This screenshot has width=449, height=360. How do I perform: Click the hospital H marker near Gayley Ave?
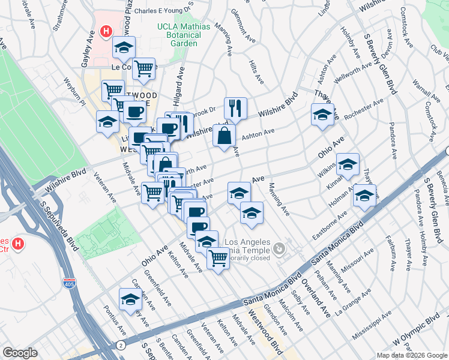click(x=106, y=31)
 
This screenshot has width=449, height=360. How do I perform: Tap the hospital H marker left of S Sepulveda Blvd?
click(x=18, y=244)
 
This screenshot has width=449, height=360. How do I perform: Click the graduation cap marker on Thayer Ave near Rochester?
click(x=322, y=115)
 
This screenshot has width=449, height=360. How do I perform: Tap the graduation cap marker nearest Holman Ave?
click(x=364, y=195)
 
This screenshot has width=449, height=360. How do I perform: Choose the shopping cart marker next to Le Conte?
click(x=143, y=69)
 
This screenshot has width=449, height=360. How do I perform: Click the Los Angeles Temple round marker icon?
click(x=279, y=248)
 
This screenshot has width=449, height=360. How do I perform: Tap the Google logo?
click(x=20, y=353)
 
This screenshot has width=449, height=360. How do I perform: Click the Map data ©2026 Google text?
click(x=411, y=355)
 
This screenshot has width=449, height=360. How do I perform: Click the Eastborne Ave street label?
click(x=330, y=226)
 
